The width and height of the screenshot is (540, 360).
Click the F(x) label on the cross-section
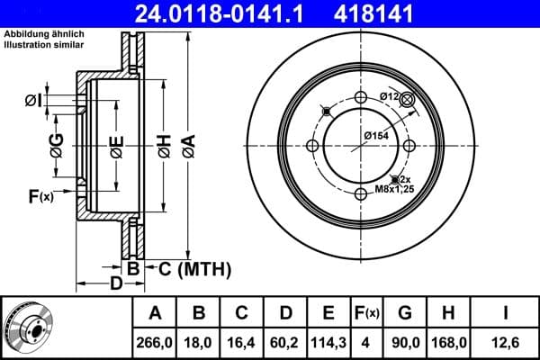point(41,195)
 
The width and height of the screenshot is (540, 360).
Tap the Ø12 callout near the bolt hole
point(389,96)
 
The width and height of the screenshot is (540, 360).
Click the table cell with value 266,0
point(156,342)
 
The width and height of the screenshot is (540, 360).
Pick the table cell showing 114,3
point(328,342)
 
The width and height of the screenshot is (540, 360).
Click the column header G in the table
point(405,314)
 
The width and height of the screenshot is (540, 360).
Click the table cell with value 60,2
point(285,342)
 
